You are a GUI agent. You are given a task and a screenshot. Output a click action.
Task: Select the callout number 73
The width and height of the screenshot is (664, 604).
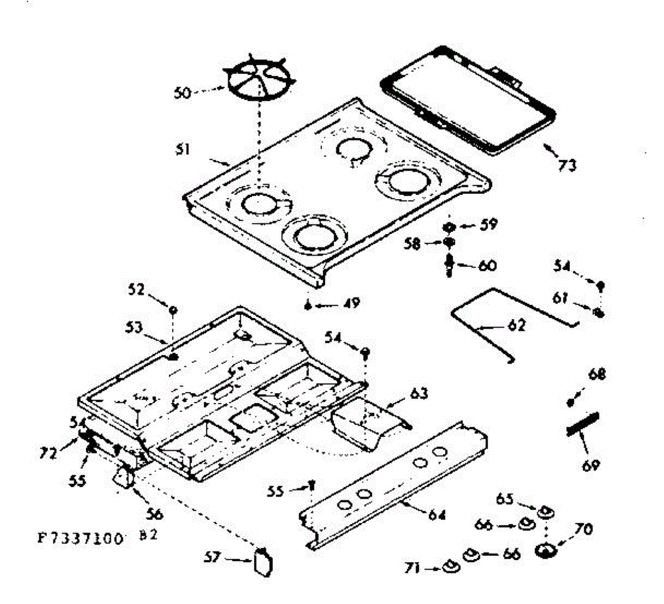567,164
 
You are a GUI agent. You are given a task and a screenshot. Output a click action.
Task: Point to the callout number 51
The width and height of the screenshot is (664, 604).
183,149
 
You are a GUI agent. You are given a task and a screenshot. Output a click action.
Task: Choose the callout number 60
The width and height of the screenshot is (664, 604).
487,266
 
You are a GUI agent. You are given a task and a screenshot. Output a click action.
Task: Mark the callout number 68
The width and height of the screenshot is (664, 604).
597,375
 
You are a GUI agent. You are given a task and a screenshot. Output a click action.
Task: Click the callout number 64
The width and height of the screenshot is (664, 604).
437,515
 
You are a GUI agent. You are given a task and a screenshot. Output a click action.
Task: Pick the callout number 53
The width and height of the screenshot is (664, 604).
133,327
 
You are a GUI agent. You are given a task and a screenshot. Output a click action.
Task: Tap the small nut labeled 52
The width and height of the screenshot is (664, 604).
173,311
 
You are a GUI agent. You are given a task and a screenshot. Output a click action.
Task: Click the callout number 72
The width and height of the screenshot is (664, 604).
49,454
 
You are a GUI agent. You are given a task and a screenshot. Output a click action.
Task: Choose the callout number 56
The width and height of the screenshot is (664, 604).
154,514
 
